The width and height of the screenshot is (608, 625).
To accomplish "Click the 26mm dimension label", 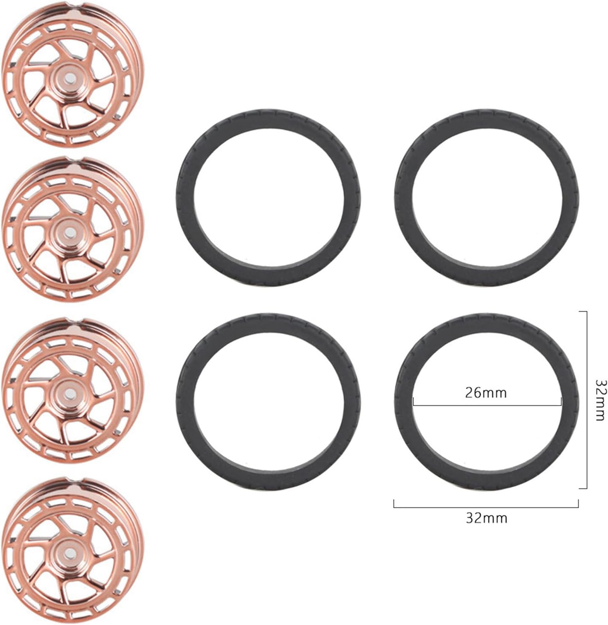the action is pos(485,393).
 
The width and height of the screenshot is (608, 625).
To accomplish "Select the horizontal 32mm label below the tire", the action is pos(487,518).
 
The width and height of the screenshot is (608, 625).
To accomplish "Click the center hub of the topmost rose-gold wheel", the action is pos(69,78).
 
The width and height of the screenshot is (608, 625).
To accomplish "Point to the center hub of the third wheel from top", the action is pos(69,393).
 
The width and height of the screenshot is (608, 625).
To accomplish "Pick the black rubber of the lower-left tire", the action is pos(185,401).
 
